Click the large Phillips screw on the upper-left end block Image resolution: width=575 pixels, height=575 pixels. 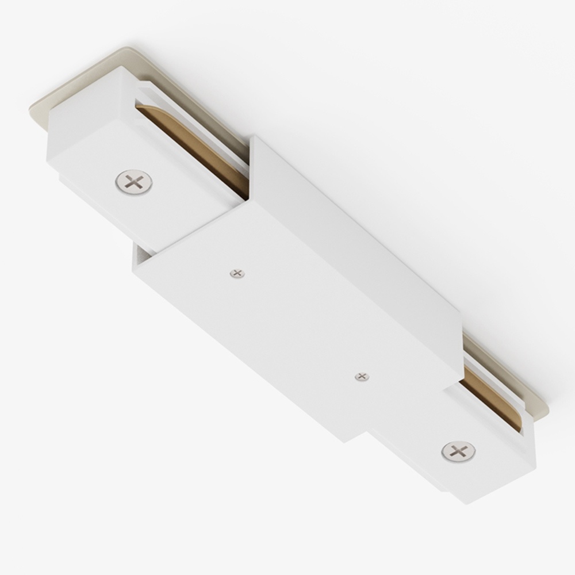tap(133, 182)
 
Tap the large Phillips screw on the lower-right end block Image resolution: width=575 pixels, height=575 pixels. tap(458, 451)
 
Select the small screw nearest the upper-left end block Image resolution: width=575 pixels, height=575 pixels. tap(237, 274)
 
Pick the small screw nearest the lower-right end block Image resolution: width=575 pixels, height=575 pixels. tap(361, 377)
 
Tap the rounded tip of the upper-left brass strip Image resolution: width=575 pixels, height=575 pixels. tap(143, 110)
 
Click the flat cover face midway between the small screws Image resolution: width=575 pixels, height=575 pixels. tap(299, 325)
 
